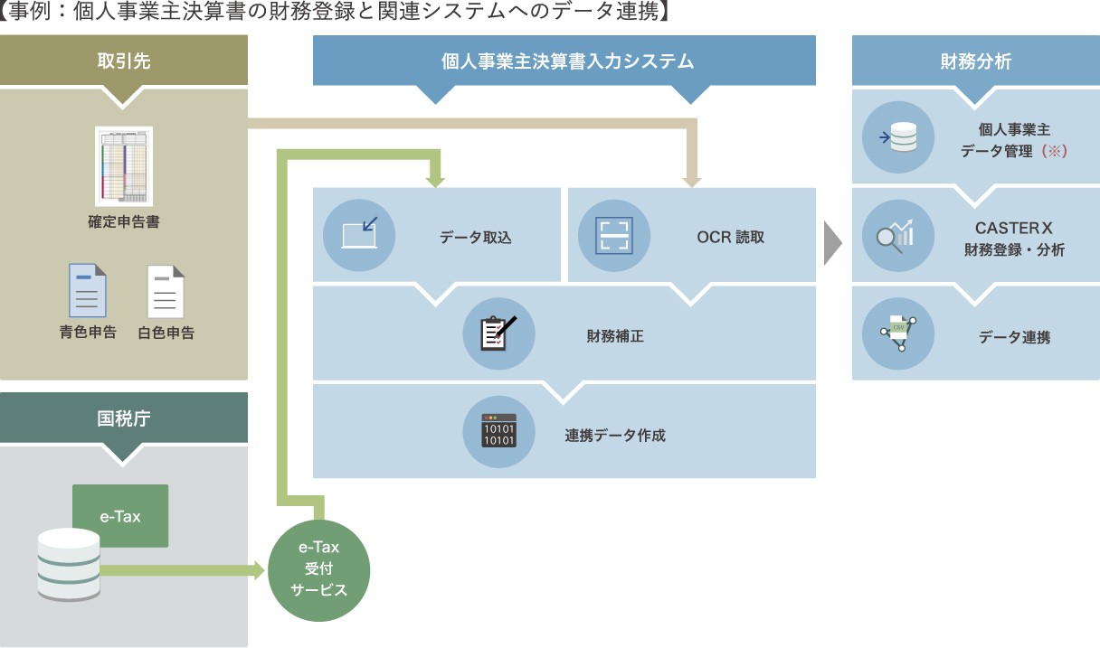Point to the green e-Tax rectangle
120,516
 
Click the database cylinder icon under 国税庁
69,565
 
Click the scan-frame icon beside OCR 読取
613,235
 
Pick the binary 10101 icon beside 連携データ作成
499,432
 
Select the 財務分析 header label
975,61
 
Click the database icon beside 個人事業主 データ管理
898,138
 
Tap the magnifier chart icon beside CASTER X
898,237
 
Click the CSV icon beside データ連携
898,333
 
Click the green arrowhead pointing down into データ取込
436,180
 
